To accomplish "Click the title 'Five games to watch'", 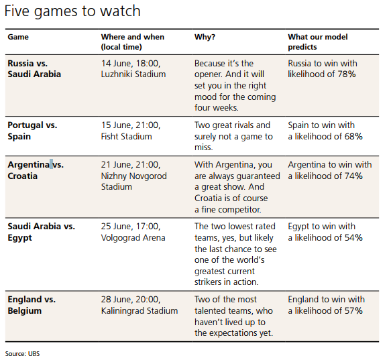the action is (72, 11).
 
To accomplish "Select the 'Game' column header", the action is (18, 37).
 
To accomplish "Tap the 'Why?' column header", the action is (205, 37).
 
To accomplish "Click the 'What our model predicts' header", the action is (318, 42).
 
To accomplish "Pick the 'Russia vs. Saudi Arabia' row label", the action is (34, 68).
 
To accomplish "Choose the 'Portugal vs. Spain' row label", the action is (32, 131).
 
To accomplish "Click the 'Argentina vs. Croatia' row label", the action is (36, 170).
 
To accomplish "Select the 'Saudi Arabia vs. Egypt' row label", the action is (41, 232).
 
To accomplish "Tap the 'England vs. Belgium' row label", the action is (32, 305).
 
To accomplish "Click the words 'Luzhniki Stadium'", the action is (133, 74).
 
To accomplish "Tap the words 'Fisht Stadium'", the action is (127, 136).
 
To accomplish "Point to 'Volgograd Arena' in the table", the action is (133, 237).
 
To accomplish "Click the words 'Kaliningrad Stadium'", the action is (139, 310).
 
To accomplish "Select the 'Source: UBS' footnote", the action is (22, 354).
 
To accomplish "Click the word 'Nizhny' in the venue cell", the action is (114, 176).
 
